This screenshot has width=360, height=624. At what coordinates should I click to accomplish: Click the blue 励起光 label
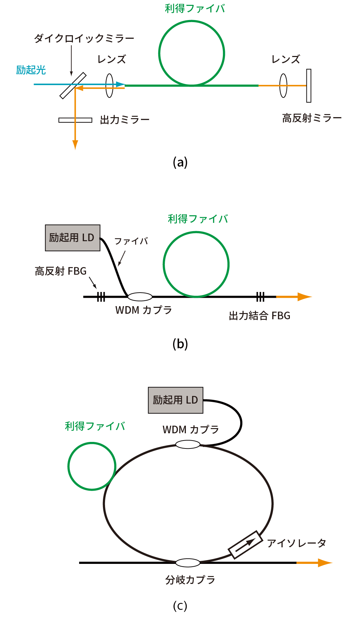31,70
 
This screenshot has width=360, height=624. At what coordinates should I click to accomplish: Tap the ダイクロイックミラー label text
84,38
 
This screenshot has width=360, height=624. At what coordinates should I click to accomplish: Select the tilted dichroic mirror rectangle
73,86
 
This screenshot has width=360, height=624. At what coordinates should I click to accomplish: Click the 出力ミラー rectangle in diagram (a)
75,120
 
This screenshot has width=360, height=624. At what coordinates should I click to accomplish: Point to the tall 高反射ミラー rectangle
309,86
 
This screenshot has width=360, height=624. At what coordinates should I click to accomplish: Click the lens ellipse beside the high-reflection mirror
283,86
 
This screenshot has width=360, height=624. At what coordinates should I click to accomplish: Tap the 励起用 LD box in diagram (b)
73,238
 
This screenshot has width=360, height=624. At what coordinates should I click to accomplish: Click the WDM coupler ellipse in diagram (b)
140,296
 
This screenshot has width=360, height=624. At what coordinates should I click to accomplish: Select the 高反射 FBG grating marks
101,296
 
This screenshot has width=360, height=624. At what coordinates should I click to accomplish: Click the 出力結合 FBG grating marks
260,296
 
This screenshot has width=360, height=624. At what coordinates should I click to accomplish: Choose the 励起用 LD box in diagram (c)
176,400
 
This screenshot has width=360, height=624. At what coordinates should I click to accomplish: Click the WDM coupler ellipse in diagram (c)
188,444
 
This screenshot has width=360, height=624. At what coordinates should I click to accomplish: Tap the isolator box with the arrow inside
246,545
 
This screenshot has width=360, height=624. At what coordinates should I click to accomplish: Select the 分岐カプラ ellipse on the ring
188,563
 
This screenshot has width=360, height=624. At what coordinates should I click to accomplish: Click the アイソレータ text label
296,543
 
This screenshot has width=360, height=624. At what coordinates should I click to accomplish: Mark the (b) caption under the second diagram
180,344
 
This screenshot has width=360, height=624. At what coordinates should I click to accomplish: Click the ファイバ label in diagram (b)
131,241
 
